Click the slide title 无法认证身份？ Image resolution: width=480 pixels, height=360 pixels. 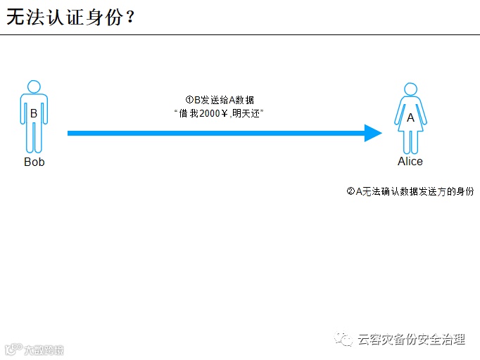(70, 18)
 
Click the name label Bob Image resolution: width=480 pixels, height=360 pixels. (34, 162)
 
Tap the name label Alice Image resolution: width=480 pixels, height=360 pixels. (410, 162)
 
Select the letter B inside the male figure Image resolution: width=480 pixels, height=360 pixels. (33, 113)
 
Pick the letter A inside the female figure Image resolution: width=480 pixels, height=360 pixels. (410, 118)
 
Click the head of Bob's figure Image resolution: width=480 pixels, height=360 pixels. (34, 86)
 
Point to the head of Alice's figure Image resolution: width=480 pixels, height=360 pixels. (410, 89)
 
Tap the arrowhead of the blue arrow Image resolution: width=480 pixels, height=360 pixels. (372, 133)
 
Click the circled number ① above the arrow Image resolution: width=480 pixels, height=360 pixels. (189, 100)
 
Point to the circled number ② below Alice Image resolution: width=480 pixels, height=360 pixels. (350, 191)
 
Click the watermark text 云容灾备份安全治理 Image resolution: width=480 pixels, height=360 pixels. (411, 340)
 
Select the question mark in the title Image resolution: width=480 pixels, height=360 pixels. (129, 18)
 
